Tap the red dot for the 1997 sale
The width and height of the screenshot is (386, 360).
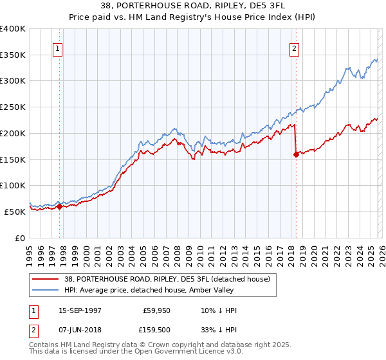(59, 206)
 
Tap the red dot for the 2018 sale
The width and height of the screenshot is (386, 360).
(296, 154)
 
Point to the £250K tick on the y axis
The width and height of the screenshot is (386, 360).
(14, 107)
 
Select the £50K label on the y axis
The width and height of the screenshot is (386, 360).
(15, 212)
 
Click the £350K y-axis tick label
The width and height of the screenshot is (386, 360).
(14, 55)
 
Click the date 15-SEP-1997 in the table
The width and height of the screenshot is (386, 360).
(80, 310)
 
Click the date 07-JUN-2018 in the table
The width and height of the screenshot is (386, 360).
(80, 330)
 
